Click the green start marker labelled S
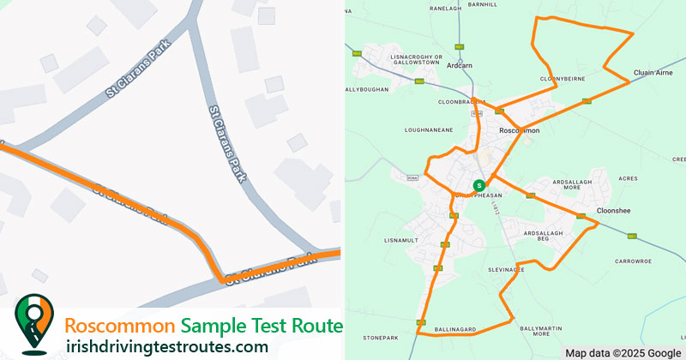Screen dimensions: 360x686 478,184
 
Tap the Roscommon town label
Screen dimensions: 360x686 519,130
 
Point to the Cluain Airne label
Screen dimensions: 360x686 652,73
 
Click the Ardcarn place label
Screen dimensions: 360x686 460,65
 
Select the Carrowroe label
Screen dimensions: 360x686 633,261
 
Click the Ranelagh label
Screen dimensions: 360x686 445,8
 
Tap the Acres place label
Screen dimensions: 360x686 628,178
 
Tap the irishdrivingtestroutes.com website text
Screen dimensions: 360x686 166,346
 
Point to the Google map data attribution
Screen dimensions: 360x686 623,353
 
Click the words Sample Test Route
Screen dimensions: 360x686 262,327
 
